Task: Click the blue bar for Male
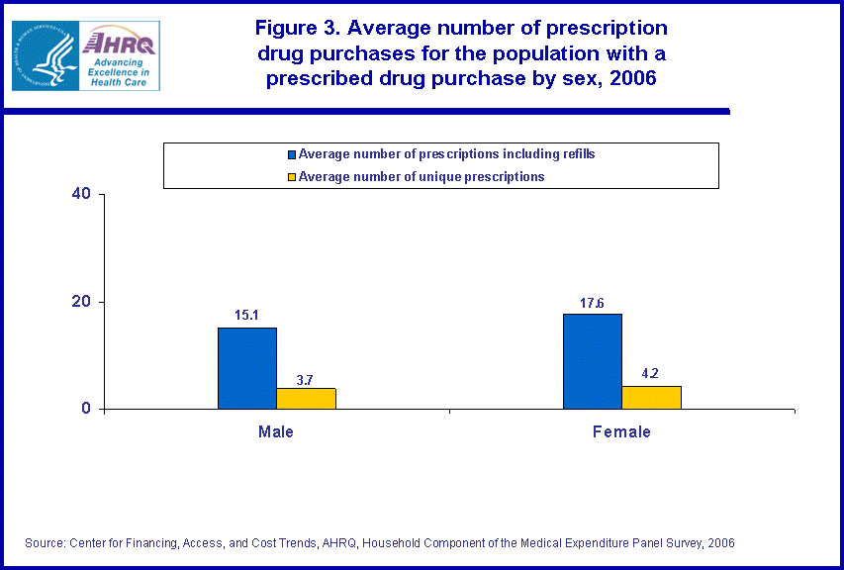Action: tap(247, 368)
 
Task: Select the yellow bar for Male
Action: tap(306, 398)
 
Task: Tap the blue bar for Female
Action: tap(593, 361)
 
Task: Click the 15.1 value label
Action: tap(247, 316)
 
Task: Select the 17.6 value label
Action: tap(593, 303)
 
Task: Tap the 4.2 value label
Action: tap(650, 374)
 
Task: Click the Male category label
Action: tap(276, 432)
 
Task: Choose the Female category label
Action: tap(621, 432)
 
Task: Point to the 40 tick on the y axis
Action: tap(82, 194)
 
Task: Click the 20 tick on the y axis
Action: tap(82, 302)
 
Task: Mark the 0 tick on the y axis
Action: tap(87, 409)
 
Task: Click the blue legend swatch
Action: tap(292, 154)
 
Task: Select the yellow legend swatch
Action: tap(292, 177)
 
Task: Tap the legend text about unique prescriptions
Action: tap(422, 177)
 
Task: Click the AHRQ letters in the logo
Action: tap(120, 42)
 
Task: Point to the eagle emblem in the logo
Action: tap(47, 56)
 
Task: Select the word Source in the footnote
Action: tap(46, 543)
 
